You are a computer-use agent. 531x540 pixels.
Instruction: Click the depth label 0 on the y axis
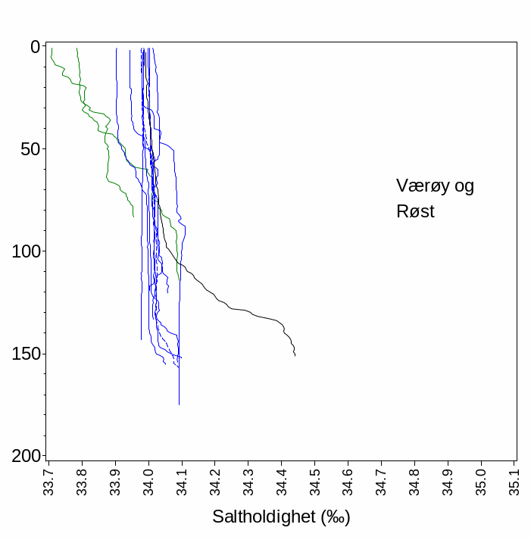point(35,47)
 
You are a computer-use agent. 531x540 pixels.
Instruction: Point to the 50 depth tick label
point(30,149)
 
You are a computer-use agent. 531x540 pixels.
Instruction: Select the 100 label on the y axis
point(25,251)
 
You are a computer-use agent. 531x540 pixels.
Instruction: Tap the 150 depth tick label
point(25,354)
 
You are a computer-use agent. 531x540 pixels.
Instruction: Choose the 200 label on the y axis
point(25,456)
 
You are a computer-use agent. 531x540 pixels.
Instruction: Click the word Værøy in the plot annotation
point(420,186)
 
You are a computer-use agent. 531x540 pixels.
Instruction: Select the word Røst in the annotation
point(415,211)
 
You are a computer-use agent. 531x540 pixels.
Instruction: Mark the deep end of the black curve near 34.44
point(295,355)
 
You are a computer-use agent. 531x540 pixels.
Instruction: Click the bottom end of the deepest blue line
point(179,404)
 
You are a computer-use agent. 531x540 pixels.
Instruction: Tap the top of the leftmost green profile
point(52,48)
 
